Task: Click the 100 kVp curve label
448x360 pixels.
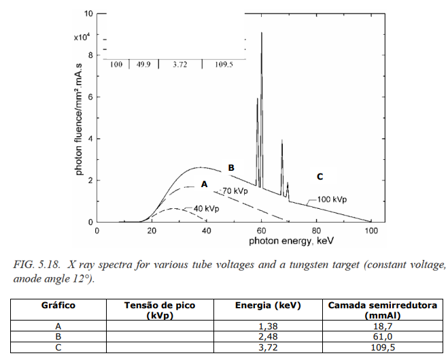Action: coord(332,199)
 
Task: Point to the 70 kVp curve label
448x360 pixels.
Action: coord(235,191)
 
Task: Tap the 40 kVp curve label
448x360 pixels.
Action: coord(206,209)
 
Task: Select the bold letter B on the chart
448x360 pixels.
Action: coord(231,168)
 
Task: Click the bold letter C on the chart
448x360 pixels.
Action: coord(320,177)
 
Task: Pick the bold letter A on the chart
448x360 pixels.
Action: coord(204,184)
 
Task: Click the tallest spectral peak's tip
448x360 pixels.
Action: coord(262,33)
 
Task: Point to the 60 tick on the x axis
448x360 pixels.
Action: coord(261,231)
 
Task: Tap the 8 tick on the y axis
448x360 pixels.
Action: coord(90,55)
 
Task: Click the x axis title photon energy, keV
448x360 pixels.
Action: coord(291,241)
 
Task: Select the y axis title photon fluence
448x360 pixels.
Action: coord(79,120)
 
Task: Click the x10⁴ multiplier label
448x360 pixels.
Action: coord(82,37)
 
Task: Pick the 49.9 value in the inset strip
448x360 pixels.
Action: coord(143,65)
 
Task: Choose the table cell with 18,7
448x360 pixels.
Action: coord(383,326)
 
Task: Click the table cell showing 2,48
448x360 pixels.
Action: coord(268,337)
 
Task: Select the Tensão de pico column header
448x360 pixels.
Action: coord(160,310)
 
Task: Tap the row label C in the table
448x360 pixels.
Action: coord(58,348)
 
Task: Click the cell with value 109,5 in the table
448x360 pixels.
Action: coord(383,348)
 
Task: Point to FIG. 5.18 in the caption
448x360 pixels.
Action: coord(37,265)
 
